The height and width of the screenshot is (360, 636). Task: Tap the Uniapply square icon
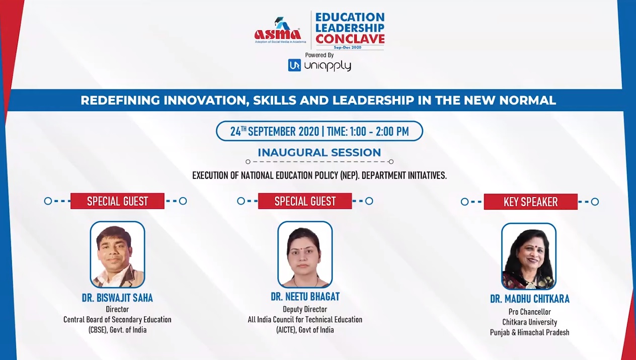294,65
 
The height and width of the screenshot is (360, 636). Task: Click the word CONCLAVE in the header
350,39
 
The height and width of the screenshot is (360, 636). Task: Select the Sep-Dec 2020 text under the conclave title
348,47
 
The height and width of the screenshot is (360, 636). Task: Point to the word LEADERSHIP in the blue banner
373,100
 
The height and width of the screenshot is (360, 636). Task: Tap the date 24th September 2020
275,131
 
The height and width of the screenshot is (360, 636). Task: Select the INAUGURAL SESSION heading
319,152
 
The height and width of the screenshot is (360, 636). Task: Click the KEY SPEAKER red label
531,202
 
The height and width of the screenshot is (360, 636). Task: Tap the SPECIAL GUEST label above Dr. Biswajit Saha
117,201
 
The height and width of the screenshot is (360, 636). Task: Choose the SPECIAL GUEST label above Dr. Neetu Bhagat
305,201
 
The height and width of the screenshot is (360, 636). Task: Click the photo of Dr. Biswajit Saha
117,254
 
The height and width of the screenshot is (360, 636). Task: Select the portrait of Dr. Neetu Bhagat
305,254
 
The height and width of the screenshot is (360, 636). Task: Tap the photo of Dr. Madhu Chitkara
529,256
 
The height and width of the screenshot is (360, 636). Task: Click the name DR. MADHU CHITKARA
529,299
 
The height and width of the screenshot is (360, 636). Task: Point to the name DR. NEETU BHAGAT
305,297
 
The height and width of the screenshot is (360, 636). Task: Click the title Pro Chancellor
529,312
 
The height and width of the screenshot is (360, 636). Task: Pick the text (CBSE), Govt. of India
117,330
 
